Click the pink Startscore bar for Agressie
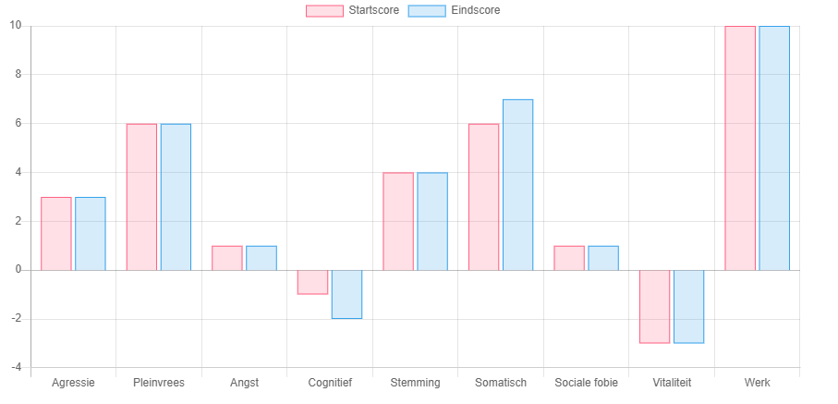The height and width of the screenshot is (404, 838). click(x=56, y=234)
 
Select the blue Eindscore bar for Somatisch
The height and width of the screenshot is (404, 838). click(x=517, y=185)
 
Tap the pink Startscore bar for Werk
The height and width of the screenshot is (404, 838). click(x=740, y=148)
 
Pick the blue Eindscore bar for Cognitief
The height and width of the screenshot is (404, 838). click(x=346, y=294)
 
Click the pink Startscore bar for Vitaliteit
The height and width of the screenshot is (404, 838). click(x=654, y=306)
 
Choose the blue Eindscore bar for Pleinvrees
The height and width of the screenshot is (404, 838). click(x=176, y=197)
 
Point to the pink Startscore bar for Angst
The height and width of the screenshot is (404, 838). click(x=227, y=258)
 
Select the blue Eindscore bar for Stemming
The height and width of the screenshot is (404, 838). click(x=432, y=221)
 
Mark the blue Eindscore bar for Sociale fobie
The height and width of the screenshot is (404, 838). click(x=603, y=258)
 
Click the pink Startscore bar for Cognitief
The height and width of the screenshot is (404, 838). click(x=312, y=282)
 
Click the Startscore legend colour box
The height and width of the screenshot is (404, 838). click(x=324, y=10)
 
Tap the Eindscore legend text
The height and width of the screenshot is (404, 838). click(x=476, y=10)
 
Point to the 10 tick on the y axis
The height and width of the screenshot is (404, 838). click(x=16, y=25)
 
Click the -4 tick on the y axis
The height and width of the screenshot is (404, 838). click(x=16, y=368)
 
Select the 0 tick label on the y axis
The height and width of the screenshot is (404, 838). click(x=18, y=270)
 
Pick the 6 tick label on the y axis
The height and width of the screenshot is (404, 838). click(x=18, y=123)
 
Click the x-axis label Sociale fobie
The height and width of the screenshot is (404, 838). click(x=586, y=383)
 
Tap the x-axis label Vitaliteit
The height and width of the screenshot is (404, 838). click(x=672, y=383)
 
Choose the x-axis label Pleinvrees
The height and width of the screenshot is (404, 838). click(x=159, y=383)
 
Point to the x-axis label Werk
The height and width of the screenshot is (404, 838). click(x=757, y=383)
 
